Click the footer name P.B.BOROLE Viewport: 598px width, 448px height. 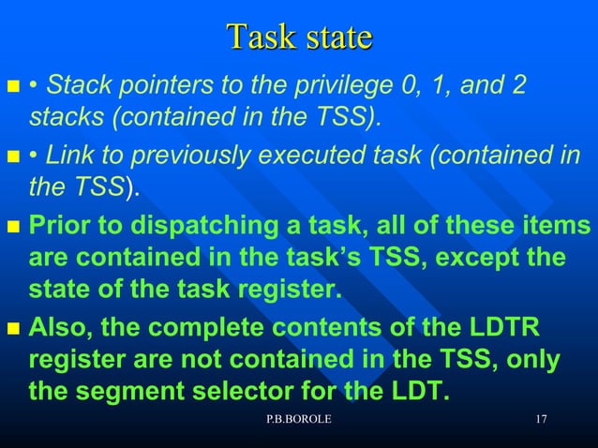click(298, 419)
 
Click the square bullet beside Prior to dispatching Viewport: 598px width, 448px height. click(13, 228)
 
